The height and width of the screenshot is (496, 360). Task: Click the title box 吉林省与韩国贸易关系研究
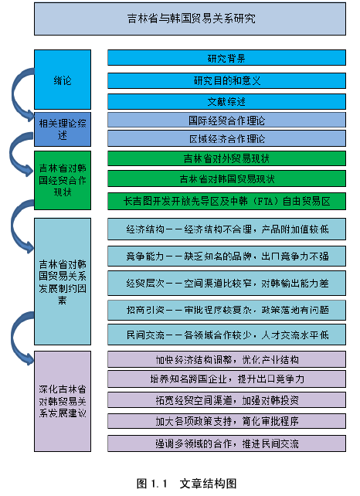point(190,19)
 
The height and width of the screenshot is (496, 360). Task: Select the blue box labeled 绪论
point(63,80)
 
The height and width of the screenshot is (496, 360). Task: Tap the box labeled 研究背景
point(226,58)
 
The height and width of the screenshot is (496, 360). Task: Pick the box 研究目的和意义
point(226,80)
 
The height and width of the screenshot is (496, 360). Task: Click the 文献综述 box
point(226,101)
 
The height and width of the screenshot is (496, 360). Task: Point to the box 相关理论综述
point(63,129)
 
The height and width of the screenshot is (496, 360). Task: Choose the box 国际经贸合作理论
point(226,120)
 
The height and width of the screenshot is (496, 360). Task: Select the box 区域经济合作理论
point(226,138)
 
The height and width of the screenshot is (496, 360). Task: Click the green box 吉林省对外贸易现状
point(226,158)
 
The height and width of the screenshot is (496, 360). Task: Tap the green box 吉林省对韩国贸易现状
point(226,178)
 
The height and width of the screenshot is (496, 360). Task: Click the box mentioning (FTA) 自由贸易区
point(226,201)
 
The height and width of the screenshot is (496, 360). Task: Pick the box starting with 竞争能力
point(226,256)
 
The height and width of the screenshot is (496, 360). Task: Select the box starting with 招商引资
point(226,310)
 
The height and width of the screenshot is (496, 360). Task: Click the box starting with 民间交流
point(226,335)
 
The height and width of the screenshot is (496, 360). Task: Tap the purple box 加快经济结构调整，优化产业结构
point(226,359)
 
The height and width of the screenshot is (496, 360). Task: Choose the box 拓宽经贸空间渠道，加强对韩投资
point(226,400)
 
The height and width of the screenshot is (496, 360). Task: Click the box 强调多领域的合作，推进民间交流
point(226,443)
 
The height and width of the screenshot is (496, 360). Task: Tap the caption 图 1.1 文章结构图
point(187,484)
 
